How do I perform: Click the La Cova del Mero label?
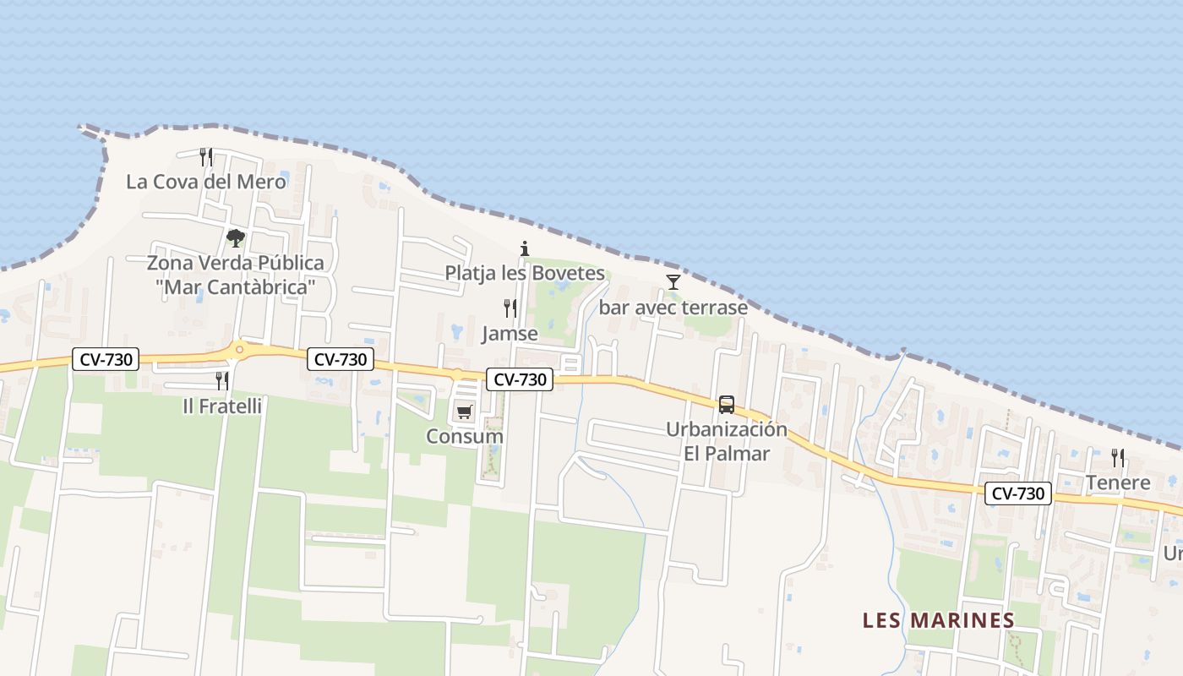[206, 182]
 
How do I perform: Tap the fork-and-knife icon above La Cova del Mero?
[206, 156]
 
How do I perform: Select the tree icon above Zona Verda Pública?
[236, 238]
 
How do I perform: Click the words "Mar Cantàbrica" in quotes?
[236, 287]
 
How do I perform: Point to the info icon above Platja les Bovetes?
[525, 248]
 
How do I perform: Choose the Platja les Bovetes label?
[525, 273]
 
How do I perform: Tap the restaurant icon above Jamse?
[510, 308]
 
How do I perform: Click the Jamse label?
[510, 334]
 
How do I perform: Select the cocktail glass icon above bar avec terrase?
[673, 281]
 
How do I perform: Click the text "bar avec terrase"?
[673, 308]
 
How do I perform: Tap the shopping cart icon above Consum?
[464, 412]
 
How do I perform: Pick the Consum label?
[464, 437]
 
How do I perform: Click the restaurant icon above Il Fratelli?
[222, 381]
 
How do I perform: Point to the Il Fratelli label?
[222, 406]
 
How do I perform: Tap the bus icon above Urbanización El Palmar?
[727, 405]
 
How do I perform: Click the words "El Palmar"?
[727, 454]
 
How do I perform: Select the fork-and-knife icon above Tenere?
[1118, 458]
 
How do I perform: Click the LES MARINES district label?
[938, 620]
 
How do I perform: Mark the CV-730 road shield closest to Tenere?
[1017, 493]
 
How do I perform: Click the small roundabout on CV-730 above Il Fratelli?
[240, 348]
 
